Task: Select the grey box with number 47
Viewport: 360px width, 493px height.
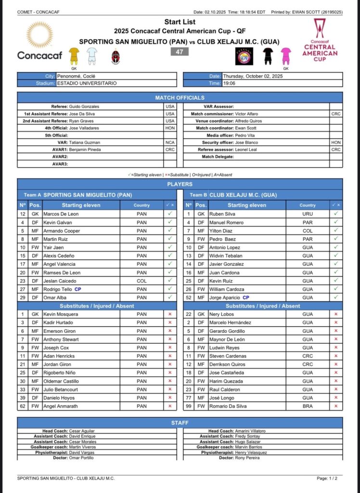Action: (x=180, y=52)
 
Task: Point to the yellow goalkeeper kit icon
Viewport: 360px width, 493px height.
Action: (x=74, y=56)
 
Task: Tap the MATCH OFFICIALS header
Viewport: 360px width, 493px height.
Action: (x=180, y=98)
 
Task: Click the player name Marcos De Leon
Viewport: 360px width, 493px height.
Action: (x=60, y=213)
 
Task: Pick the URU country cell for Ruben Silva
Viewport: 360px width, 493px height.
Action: (x=308, y=213)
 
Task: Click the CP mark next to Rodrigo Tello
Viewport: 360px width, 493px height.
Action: (x=77, y=289)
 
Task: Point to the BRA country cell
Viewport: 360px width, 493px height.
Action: (x=308, y=406)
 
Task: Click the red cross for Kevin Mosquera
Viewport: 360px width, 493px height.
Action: (x=169, y=314)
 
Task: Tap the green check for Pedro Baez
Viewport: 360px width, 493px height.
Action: (x=336, y=239)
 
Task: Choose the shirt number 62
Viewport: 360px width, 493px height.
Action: (x=23, y=406)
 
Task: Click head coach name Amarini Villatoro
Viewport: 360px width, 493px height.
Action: (x=250, y=431)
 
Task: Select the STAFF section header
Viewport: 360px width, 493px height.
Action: (x=180, y=422)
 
